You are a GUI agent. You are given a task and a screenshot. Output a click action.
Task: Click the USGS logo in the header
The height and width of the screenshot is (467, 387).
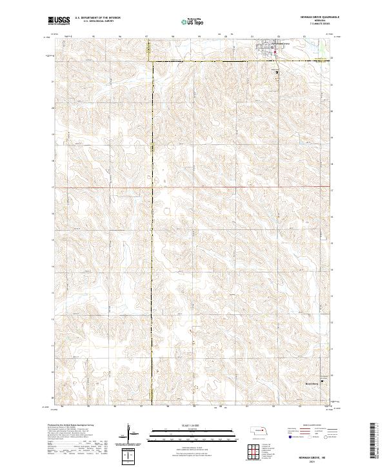point(59,21)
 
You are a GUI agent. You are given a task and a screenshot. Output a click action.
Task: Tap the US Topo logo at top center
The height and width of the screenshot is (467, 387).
point(191,21)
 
